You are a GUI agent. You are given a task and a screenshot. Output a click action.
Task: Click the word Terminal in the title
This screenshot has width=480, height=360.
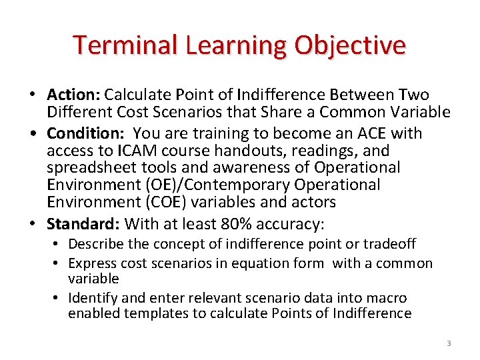click(x=117, y=45)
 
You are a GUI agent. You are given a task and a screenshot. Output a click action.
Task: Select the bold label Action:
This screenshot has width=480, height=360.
click(x=73, y=95)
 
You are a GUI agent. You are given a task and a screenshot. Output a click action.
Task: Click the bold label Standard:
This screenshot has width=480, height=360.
click(x=83, y=223)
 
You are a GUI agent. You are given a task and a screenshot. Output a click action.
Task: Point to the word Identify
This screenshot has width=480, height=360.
click(x=93, y=298)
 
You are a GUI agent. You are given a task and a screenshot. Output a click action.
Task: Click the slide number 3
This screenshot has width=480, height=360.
click(x=449, y=343)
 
